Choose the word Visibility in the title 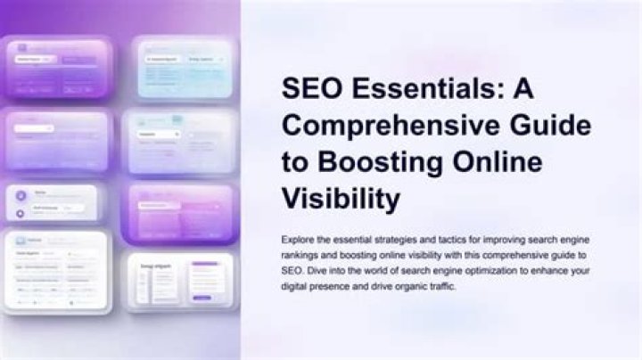(x=340, y=198)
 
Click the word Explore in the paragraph (x=298, y=239)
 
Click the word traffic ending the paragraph (x=445, y=285)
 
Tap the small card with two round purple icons (x=55, y=202)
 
